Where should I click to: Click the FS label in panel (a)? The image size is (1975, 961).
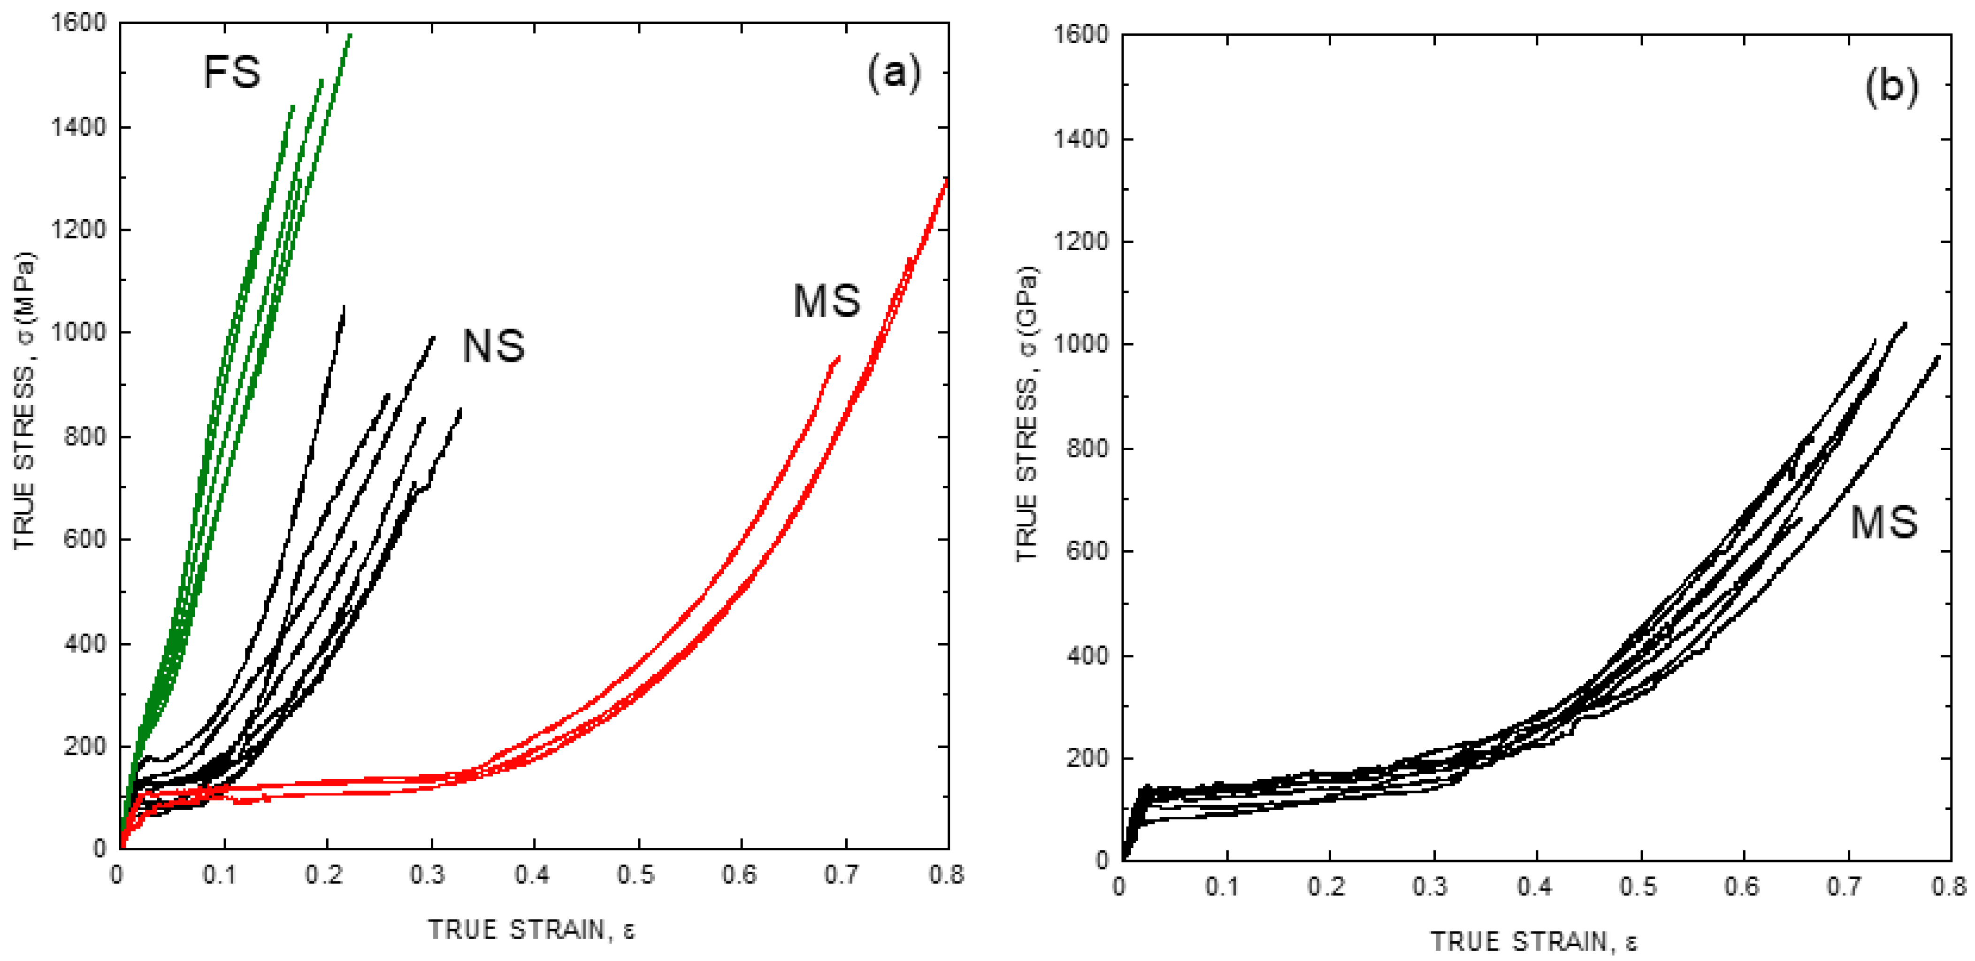231,73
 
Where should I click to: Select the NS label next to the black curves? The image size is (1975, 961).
494,346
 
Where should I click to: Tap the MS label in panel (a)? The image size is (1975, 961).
827,300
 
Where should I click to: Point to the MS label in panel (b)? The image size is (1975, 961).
1883,523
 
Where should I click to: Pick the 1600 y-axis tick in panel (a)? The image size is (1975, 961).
78,23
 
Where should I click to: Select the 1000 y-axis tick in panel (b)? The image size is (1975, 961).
1081,345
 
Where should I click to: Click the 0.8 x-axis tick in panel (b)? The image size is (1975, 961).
1948,887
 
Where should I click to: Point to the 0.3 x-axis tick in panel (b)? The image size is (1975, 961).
1430,887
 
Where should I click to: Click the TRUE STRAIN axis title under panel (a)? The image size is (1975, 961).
532,930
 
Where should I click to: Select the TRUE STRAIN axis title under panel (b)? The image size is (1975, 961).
1534,941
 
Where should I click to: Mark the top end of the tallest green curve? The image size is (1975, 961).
351,35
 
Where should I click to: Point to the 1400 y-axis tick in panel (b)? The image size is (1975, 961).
1081,139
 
